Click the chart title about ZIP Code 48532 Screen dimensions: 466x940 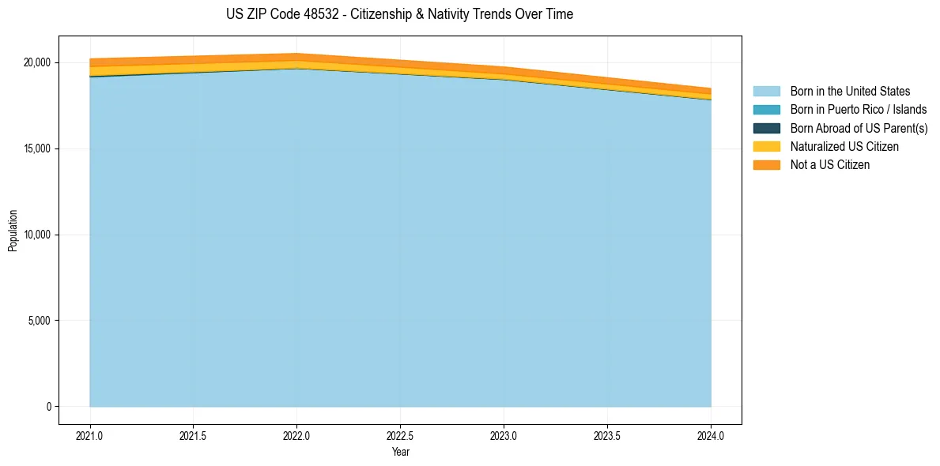pyautogui.click(x=399, y=14)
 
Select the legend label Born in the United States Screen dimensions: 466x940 pyautogui.click(x=850, y=92)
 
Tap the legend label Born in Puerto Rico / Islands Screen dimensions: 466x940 pyautogui.click(x=859, y=110)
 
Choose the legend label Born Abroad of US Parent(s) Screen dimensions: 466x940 pyautogui.click(x=859, y=128)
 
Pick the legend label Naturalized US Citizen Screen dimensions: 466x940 pyautogui.click(x=844, y=147)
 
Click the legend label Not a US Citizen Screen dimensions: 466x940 pyautogui.click(x=830, y=165)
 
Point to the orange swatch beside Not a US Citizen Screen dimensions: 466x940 pyautogui.click(x=766, y=165)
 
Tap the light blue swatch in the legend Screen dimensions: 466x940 pyautogui.click(x=766, y=92)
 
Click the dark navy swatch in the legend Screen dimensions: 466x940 pyautogui.click(x=766, y=128)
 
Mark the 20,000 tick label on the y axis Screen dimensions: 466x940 pyautogui.click(x=37, y=62)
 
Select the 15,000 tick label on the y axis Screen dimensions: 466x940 pyautogui.click(x=37, y=148)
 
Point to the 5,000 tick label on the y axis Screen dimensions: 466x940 pyautogui.click(x=40, y=321)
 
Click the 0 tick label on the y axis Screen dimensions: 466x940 pyautogui.click(x=48, y=407)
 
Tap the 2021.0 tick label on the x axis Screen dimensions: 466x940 pyautogui.click(x=90, y=435)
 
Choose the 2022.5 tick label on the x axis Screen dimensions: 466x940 pyautogui.click(x=400, y=435)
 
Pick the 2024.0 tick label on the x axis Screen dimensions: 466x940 pyautogui.click(x=711, y=435)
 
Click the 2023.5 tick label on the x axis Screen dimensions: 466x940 pyautogui.click(x=607, y=435)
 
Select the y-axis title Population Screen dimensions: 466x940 pyautogui.click(x=13, y=231)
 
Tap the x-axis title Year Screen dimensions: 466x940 pyautogui.click(x=400, y=452)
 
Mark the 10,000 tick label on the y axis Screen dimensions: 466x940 pyautogui.click(x=37, y=235)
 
